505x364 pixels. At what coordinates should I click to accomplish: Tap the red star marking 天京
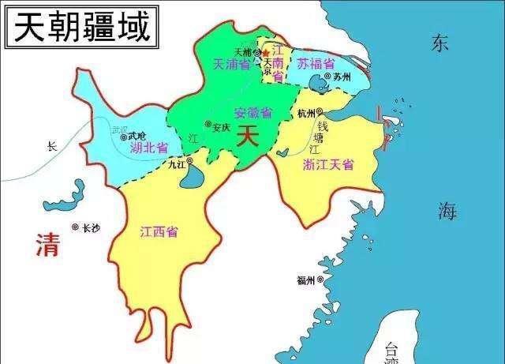[x=275, y=53]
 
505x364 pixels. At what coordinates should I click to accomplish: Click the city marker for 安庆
[x=208, y=124]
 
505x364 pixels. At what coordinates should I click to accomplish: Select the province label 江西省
[x=159, y=231]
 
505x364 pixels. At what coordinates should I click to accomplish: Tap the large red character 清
[x=49, y=246]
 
